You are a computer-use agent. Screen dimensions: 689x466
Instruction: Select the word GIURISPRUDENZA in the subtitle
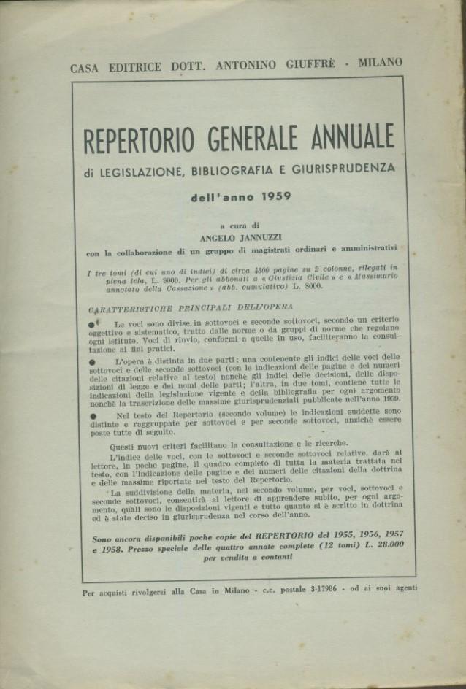(x=343, y=167)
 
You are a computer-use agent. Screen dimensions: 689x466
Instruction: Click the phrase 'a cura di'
(x=242, y=226)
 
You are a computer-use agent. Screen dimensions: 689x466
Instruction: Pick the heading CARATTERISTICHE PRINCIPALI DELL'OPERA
(x=189, y=307)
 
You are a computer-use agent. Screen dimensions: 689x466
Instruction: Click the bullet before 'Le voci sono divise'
(x=91, y=324)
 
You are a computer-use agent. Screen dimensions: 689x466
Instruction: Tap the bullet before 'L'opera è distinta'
(x=91, y=361)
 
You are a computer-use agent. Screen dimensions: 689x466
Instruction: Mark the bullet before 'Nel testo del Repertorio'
(x=91, y=416)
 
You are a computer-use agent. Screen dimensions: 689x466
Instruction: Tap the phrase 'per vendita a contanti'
(x=248, y=556)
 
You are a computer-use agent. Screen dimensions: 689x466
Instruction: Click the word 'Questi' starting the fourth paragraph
(x=125, y=444)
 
